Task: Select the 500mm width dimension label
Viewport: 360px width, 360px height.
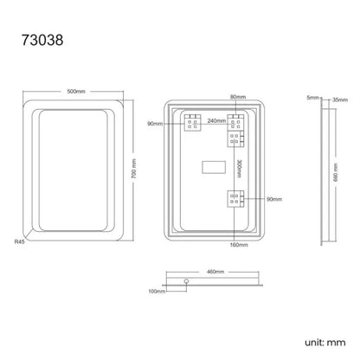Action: click(x=75, y=91)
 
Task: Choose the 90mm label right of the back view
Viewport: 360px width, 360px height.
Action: click(x=273, y=199)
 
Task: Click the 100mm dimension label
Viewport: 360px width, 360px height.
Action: click(x=156, y=292)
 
